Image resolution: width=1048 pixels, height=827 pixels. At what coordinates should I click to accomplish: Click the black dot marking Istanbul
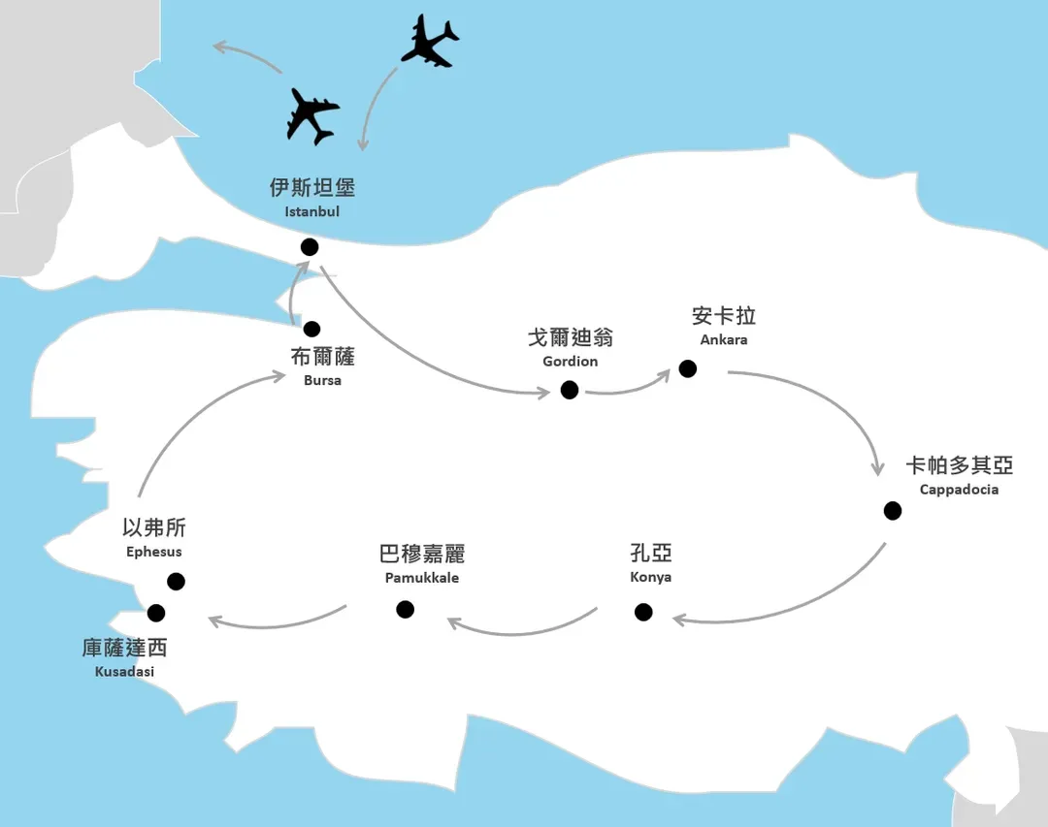(x=310, y=247)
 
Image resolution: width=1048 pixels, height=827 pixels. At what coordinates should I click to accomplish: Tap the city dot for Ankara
(x=688, y=368)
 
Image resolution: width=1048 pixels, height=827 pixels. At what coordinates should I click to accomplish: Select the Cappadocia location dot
(x=893, y=511)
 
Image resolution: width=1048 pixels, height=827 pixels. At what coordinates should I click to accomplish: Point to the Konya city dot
(x=643, y=612)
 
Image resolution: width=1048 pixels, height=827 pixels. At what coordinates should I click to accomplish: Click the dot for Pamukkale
(x=405, y=609)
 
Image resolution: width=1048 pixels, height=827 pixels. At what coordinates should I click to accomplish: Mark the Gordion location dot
(x=570, y=390)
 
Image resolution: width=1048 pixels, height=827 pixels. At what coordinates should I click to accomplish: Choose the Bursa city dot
(x=311, y=329)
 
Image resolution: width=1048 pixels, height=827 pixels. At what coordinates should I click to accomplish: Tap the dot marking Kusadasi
(x=155, y=613)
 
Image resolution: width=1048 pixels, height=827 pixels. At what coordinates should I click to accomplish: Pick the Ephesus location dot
(x=176, y=581)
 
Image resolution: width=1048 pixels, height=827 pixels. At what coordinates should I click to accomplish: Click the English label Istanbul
(x=312, y=211)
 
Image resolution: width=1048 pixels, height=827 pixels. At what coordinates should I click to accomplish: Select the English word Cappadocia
(x=959, y=490)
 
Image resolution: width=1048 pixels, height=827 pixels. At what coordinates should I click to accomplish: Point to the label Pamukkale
(x=422, y=578)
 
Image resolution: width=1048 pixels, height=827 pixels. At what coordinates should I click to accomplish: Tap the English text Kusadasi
(x=124, y=671)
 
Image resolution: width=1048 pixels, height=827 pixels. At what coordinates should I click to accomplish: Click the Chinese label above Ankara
(x=724, y=315)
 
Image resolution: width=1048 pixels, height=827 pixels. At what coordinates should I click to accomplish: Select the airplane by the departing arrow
(x=312, y=116)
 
